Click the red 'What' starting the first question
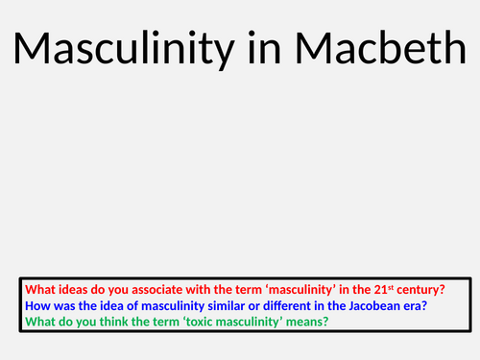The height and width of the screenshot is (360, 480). click(39, 289)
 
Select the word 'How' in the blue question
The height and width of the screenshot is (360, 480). click(36, 305)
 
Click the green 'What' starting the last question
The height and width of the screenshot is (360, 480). click(39, 322)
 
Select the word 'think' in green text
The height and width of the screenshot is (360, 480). click(115, 322)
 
